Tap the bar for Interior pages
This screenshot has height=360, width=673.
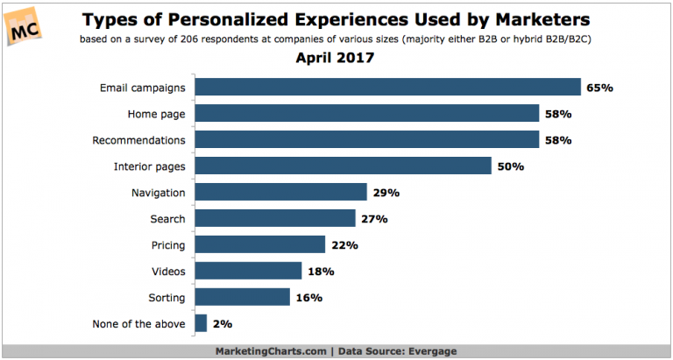342,166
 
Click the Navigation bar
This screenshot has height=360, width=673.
280,192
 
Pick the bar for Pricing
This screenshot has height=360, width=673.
259,244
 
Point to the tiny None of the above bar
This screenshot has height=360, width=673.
201,323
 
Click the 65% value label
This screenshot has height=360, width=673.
601,87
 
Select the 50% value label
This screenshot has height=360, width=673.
509,166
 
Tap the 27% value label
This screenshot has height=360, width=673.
375,218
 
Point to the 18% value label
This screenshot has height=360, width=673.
322,271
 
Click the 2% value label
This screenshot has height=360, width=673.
223,323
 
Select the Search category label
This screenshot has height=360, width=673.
167,218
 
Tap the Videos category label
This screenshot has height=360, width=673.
167,271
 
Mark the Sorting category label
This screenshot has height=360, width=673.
166,297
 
